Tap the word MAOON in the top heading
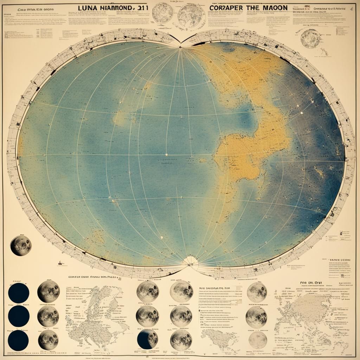coord(272,7)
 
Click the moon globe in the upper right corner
coord(310,38)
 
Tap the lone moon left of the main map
coord(21,246)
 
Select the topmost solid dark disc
coord(19,293)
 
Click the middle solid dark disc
coord(19,316)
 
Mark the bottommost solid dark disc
coord(19,340)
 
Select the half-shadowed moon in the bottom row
coord(148,340)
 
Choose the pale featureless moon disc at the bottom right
coord(258,340)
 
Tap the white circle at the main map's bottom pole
coord(191,261)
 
